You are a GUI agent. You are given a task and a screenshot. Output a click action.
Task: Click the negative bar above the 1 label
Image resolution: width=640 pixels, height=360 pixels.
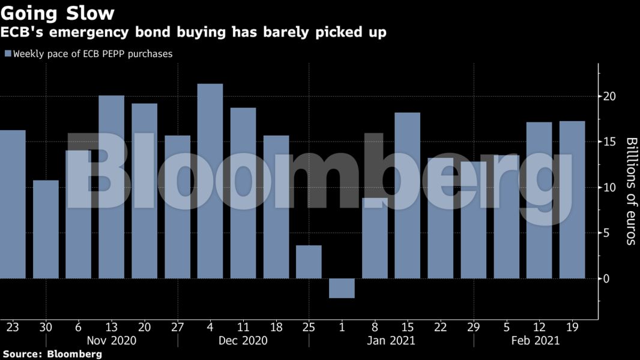coord(342,288)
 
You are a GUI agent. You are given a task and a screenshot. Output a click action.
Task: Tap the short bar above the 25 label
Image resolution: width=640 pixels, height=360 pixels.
coord(309,262)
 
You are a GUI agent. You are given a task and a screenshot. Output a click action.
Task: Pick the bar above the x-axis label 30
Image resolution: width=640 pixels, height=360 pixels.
coord(46,229)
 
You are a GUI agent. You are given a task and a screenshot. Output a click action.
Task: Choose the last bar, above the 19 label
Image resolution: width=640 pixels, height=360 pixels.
coord(572,200)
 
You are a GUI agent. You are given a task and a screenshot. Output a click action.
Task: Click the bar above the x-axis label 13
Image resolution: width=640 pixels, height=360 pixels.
coord(112,187)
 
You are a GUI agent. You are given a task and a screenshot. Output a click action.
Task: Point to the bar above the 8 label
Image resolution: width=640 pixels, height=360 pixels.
coord(375,238)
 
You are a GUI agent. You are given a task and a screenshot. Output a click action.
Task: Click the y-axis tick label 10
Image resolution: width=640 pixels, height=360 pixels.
coord(610,187)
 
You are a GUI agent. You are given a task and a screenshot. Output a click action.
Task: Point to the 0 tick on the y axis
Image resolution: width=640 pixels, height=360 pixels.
coord(607,278)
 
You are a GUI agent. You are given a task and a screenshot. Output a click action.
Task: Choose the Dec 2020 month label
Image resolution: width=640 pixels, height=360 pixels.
coord(243,340)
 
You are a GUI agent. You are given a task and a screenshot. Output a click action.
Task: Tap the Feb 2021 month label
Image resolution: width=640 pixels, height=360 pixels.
coord(536,340)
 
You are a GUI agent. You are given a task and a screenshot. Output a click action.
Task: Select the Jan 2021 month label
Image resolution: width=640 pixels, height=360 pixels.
coord(391,340)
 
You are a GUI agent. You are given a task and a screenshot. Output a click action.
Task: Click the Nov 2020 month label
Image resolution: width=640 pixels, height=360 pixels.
coord(112,340)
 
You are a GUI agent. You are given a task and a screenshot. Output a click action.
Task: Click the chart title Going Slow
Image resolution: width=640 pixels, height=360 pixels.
coord(58,12)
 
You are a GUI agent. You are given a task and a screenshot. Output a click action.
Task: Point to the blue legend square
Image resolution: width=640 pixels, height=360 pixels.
coord(8,54)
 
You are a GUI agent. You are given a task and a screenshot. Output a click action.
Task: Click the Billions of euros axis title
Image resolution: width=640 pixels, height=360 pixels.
coord(631,191)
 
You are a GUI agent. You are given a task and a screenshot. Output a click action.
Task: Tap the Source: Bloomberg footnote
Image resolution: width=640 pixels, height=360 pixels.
coord(51,354)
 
